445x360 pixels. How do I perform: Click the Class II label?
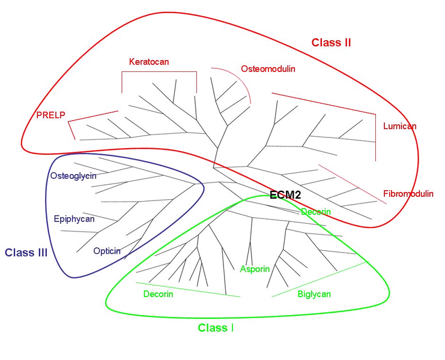331,43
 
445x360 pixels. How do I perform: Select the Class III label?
26,253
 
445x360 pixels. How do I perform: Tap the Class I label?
216,328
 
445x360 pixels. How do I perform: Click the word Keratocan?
149,62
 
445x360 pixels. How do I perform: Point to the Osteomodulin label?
268,69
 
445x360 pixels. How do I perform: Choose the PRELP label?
50,115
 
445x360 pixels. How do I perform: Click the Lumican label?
399,126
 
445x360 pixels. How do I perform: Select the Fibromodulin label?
408,194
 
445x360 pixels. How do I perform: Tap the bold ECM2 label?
285,195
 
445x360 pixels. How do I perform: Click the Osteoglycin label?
73,176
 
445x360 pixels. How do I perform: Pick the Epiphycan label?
74,219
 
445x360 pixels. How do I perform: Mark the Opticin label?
107,251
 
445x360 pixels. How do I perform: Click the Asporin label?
255,269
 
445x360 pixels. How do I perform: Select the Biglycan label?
314,294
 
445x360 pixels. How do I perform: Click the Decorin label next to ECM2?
316,212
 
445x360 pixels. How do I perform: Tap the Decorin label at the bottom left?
158,294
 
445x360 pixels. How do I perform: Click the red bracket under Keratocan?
159,72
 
